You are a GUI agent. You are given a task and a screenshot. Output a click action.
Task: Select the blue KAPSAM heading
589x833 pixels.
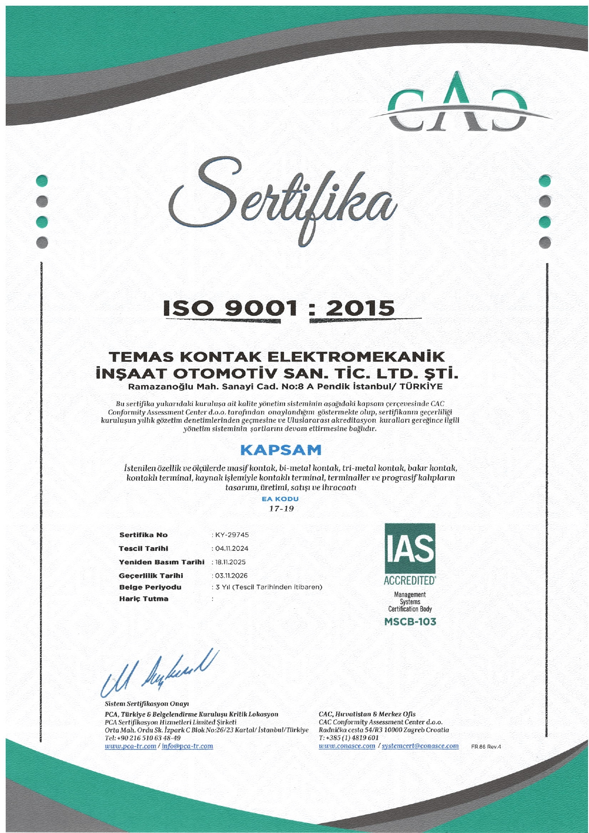coord(281,449)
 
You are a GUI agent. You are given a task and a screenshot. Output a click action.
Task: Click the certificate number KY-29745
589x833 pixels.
coord(232,535)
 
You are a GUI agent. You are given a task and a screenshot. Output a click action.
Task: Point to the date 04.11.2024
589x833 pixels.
coord(232,548)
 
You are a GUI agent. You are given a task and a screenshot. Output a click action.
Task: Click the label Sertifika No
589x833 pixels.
coord(143,535)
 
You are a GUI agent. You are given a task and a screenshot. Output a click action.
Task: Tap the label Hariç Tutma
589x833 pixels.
coord(143,599)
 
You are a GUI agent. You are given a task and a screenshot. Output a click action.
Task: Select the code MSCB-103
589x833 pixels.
coord(410,621)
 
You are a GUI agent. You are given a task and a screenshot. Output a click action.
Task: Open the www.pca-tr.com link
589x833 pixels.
coord(130,746)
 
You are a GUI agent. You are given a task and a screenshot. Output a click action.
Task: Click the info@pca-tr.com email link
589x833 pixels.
coord(187,746)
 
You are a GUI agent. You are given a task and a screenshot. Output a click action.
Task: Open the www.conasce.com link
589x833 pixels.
coord(347,746)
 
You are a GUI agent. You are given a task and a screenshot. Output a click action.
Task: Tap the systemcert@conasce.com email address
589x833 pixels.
coord(420,746)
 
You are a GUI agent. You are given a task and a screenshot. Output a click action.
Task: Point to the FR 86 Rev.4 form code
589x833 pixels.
coord(485,747)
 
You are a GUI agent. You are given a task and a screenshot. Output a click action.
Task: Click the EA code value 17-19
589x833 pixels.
coord(281,509)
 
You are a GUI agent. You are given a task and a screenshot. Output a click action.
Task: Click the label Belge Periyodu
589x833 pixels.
coord(150,587)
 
